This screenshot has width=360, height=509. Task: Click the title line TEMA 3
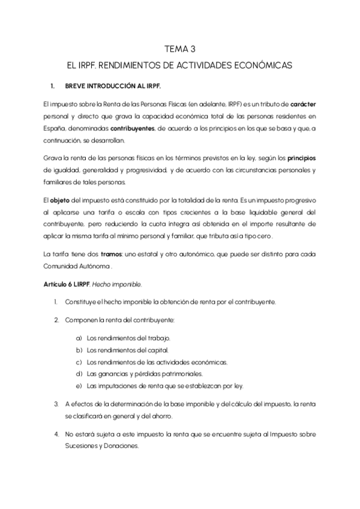coord(179,49)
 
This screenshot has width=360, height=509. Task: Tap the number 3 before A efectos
coord(56,403)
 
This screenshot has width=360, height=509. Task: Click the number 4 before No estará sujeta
coord(56,434)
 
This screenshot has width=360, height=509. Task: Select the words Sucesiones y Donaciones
coord(102,446)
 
